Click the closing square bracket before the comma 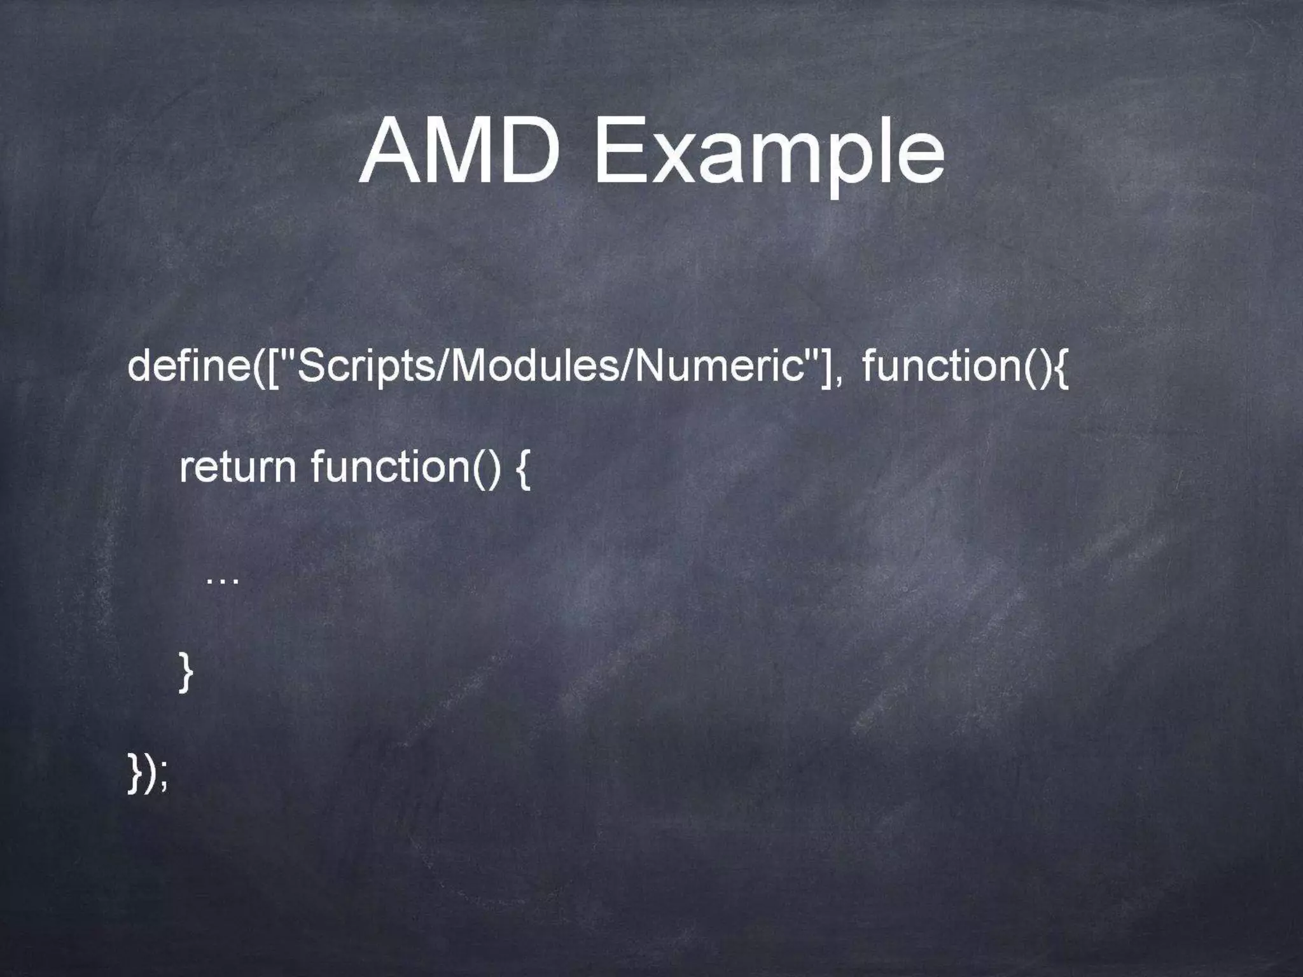coord(826,368)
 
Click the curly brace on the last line coord(134,773)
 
